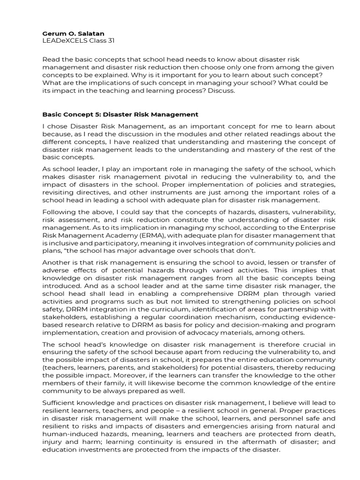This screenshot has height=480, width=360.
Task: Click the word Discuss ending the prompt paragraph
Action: tap(220, 90)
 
